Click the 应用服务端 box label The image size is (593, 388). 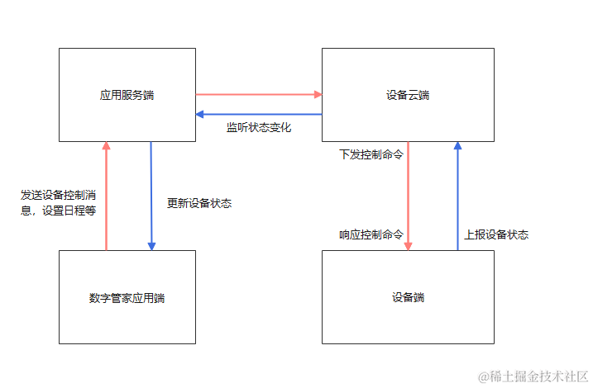[x=127, y=95]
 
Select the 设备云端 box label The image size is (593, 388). [x=408, y=95]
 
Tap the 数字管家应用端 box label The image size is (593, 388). [x=127, y=298]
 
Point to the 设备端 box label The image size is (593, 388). [x=408, y=297]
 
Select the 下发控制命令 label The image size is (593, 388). [x=371, y=154]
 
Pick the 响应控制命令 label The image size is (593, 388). [x=371, y=234]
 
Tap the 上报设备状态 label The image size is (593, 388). [x=496, y=234]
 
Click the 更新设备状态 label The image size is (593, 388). [x=199, y=203]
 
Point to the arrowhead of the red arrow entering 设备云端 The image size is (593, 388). [x=317, y=94]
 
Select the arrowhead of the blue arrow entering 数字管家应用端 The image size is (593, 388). [x=151, y=245]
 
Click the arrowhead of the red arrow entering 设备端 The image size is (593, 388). [x=409, y=245]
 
